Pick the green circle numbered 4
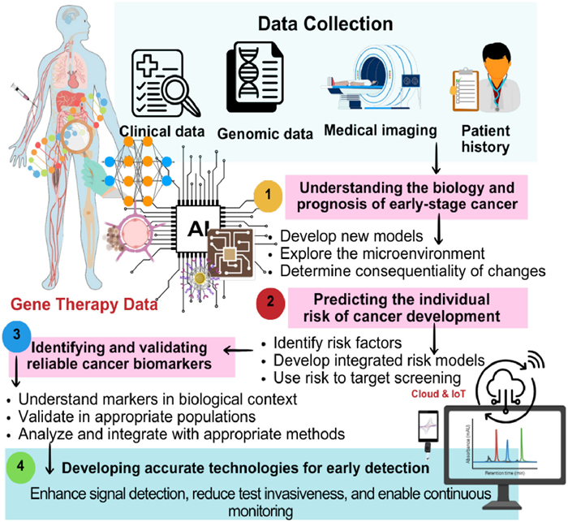(21, 468)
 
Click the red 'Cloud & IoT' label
(422, 393)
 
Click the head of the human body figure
(75, 23)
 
